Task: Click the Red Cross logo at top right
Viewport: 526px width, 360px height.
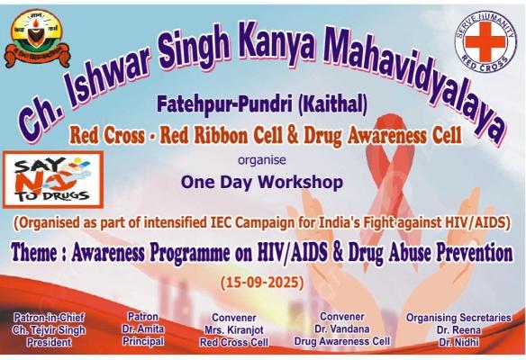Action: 485,41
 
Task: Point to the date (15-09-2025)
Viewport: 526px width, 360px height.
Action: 263,283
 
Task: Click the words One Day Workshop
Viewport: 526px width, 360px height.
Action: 262,182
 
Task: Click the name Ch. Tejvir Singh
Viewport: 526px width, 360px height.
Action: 49,329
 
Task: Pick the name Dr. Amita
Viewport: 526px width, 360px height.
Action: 144,329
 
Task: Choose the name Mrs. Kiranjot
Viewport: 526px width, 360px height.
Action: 233,330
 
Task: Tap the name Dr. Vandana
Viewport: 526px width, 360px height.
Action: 342,329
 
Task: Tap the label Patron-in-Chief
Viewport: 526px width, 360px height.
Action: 49,317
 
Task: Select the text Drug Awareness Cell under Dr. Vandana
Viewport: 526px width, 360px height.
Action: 342,342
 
